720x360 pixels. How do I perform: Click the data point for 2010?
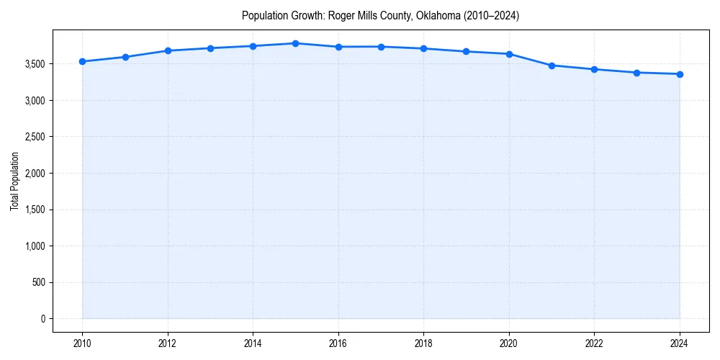click(83, 62)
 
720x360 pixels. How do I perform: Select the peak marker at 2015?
click(296, 43)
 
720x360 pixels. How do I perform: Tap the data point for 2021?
click(552, 66)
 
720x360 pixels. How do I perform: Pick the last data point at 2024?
click(680, 74)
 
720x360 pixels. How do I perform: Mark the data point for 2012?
click(168, 50)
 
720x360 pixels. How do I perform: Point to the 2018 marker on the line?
click(423, 48)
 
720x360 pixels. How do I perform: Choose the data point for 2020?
click(509, 54)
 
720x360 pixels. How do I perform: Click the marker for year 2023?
click(637, 73)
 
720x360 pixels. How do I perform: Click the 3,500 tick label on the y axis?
click(33, 64)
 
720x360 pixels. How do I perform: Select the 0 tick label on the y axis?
click(42, 319)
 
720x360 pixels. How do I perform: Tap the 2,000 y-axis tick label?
click(33, 174)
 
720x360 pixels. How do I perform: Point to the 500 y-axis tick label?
click(37, 283)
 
